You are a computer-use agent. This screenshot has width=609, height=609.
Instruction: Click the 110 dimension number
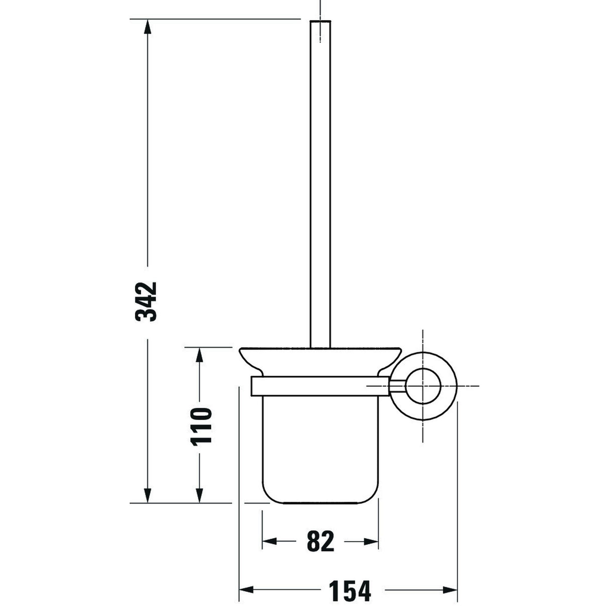point(201,427)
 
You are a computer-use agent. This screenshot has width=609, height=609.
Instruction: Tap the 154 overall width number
point(350,589)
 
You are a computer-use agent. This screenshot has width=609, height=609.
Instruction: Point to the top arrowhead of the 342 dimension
point(147,27)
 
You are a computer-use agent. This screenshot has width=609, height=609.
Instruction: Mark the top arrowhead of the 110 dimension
point(199,355)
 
